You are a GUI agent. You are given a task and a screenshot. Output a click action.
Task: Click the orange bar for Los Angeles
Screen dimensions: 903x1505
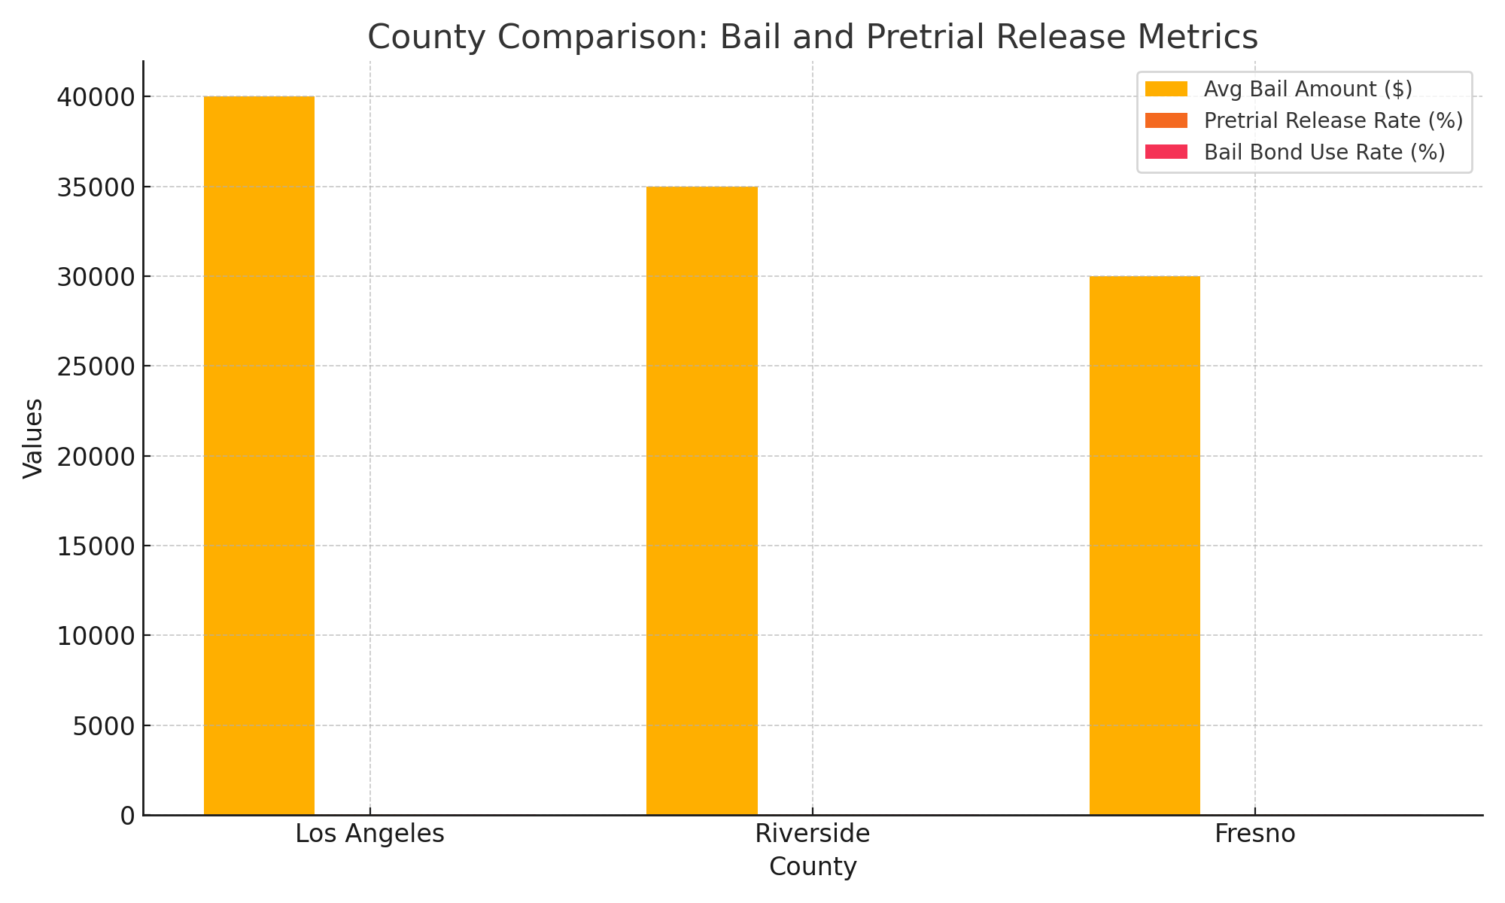[x=259, y=455]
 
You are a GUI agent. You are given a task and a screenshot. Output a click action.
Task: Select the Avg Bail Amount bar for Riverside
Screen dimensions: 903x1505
[x=701, y=500]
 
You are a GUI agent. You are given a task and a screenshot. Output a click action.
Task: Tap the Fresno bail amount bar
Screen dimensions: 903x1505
[x=1145, y=546]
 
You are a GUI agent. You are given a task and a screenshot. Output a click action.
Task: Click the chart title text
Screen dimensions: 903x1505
[x=813, y=37]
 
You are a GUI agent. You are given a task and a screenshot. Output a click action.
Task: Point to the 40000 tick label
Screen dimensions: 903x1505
[x=96, y=97]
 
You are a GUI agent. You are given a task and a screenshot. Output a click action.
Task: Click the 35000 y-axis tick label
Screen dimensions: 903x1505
[x=96, y=187]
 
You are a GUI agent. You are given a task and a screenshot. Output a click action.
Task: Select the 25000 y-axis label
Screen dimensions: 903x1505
[x=96, y=366]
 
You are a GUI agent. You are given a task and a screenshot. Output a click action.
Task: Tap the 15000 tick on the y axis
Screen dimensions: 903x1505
[x=96, y=546]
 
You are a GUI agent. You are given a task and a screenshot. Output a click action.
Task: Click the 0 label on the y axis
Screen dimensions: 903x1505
[x=128, y=816]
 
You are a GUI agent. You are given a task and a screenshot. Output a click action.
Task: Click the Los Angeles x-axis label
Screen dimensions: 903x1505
[x=369, y=834]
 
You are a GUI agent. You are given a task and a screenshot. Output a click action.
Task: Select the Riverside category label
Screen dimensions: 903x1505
[x=813, y=834]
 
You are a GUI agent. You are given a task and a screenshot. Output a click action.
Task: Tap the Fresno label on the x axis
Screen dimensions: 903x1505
[x=1254, y=834]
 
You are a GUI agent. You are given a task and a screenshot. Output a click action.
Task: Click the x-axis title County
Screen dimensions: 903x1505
[x=813, y=867]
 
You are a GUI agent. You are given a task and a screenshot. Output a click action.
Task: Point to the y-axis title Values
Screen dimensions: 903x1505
[x=33, y=438]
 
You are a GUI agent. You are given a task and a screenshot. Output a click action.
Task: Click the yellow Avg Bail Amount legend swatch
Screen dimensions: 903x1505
[x=1166, y=89]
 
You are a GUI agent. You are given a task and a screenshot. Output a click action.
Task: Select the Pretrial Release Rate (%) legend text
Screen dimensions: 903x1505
[x=1333, y=120]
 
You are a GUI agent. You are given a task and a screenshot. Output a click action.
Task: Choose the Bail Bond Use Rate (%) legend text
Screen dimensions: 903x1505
[x=1324, y=152]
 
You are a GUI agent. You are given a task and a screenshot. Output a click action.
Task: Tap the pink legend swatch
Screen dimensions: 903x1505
[x=1166, y=152]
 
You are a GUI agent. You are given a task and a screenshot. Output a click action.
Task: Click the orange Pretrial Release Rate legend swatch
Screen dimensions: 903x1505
[x=1166, y=120]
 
